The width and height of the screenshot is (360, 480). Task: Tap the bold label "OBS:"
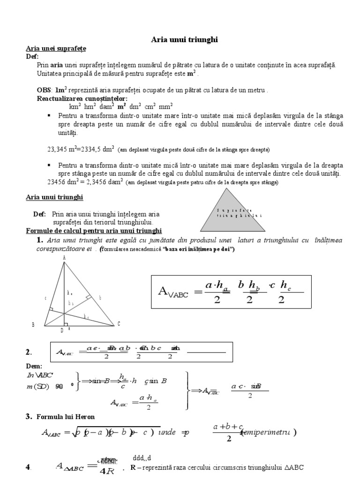(x=45, y=90)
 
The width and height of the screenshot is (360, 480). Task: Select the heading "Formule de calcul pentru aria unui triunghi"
(x=93, y=231)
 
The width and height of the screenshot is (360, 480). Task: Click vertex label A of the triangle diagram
(x=64, y=257)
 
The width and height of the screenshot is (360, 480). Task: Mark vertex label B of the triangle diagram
(x=33, y=324)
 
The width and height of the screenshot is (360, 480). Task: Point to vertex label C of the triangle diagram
(x=119, y=324)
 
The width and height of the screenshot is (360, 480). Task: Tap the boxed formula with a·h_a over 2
(x=230, y=292)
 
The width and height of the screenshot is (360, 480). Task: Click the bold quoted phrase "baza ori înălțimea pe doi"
(x=197, y=249)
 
